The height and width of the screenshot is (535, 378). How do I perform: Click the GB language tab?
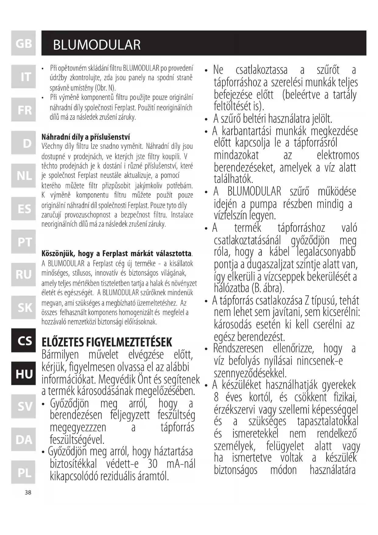[x=23, y=43]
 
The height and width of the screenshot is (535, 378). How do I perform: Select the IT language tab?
[x=23, y=77]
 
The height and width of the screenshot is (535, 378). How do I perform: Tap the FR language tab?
[x=23, y=110]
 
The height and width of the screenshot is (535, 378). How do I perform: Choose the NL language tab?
[x=23, y=176]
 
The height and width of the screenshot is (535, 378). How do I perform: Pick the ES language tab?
[x=23, y=209]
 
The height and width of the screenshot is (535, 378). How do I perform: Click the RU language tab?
[x=23, y=275]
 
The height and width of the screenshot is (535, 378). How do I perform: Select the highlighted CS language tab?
[x=23, y=340]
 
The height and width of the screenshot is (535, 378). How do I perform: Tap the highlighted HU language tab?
[x=23, y=374]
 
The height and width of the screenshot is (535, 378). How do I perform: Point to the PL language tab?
[x=23, y=472]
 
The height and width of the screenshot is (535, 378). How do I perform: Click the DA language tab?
[x=23, y=440]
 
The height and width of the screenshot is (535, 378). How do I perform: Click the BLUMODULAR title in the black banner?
[x=97, y=45]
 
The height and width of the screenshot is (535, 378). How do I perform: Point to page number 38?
[x=28, y=492]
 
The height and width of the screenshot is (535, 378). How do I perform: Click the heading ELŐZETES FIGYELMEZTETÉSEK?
[x=107, y=342]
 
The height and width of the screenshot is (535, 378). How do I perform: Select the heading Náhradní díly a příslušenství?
[x=86, y=137]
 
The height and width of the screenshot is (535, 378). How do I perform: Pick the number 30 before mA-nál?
[x=152, y=464]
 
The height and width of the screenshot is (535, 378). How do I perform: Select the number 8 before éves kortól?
[x=216, y=397]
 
